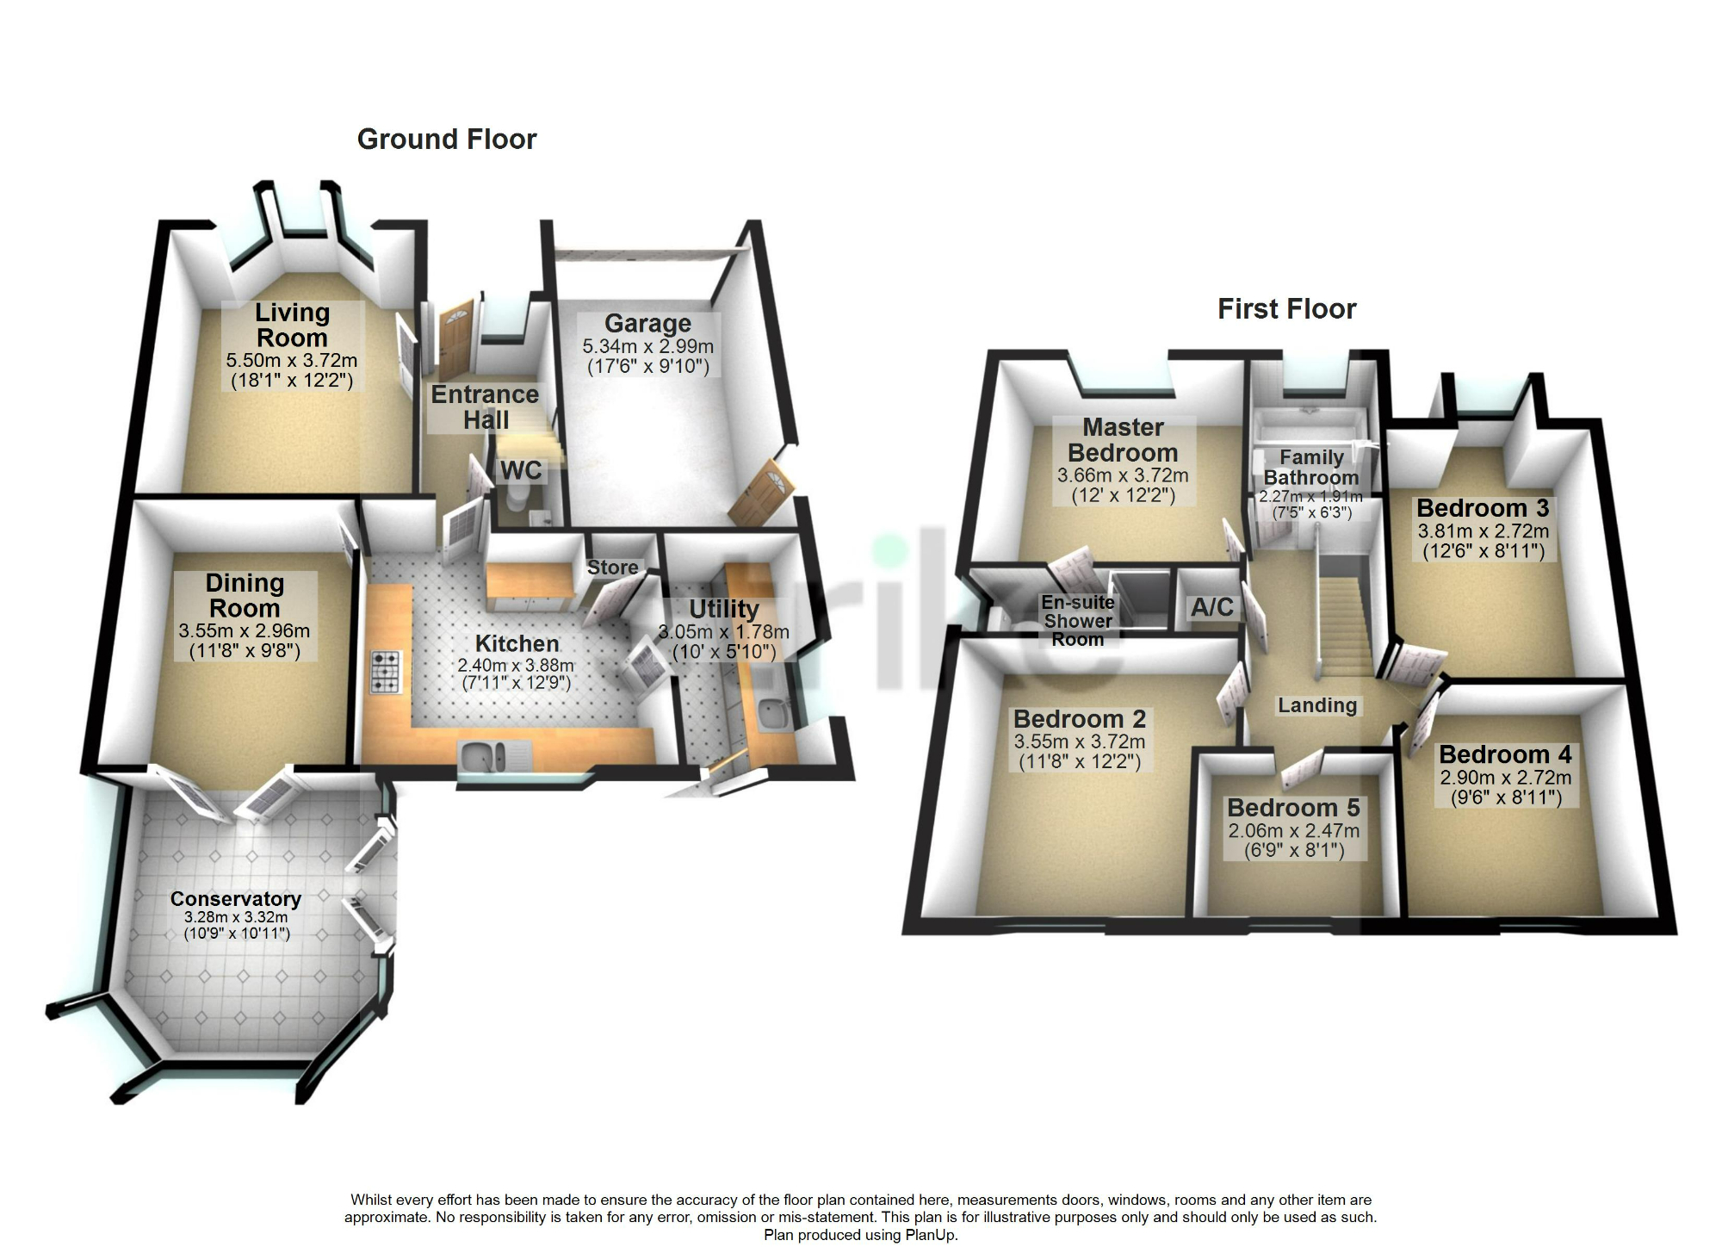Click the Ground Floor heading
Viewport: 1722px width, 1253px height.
tap(446, 140)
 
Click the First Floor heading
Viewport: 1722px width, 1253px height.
tap(1286, 309)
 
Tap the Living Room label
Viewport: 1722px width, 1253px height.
tap(292, 326)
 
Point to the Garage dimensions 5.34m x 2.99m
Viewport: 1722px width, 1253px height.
tap(647, 347)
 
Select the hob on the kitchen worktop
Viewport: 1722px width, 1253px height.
tap(386, 673)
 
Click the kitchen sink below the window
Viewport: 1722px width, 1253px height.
tap(482, 757)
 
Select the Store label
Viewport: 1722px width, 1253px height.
tap(612, 568)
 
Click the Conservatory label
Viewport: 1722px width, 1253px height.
tap(235, 899)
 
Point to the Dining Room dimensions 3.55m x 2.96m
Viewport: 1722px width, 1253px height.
tap(244, 631)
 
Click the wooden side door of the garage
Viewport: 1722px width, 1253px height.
tap(761, 492)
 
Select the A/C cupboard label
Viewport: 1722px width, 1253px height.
tap(1211, 607)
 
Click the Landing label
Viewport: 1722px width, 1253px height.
tap(1316, 705)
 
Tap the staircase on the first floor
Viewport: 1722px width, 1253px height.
tap(1346, 629)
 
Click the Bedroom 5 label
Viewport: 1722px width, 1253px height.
tap(1293, 808)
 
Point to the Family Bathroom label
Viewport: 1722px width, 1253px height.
tap(1310, 468)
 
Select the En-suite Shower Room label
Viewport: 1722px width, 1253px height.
tap(1077, 621)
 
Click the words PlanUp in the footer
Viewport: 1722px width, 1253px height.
tap(932, 1235)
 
